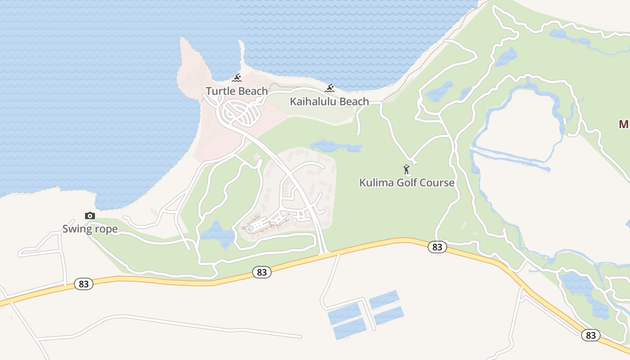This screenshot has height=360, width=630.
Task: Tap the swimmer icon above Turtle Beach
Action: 237,78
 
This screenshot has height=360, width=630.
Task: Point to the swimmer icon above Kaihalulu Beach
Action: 329,88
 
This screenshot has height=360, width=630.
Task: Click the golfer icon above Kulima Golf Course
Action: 407,170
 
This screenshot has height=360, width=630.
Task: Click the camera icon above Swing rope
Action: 90,216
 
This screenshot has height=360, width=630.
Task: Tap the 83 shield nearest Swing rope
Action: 84,284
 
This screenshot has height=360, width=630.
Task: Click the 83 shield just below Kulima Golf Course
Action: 437,247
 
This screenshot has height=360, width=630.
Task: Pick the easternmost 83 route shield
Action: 591,335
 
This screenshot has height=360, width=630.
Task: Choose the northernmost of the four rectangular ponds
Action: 384,299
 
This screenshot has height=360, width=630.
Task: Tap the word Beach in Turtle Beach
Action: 252,91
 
